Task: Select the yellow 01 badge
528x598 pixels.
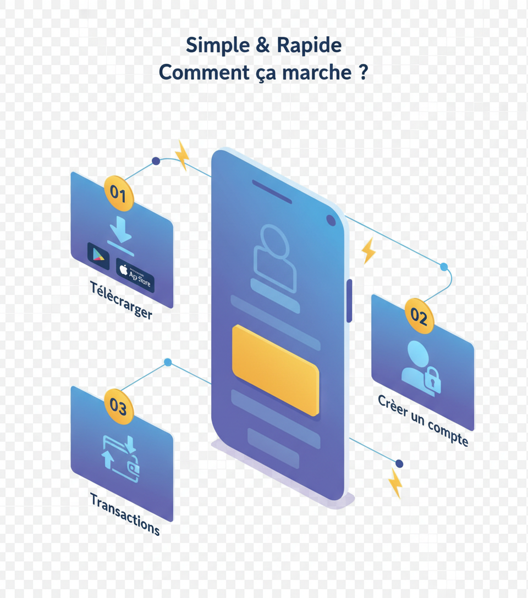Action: [x=119, y=193]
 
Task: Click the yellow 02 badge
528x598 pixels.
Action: [x=419, y=317]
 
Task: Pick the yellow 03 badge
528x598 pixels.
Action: [x=118, y=407]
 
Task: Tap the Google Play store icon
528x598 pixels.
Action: [x=98, y=256]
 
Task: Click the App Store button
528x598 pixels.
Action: [x=135, y=273]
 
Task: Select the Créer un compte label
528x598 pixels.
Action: [x=423, y=420]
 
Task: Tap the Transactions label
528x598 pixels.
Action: [x=125, y=514]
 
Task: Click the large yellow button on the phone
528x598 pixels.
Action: [x=275, y=369]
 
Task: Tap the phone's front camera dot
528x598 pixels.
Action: [x=331, y=220]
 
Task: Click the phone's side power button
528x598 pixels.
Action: [x=349, y=300]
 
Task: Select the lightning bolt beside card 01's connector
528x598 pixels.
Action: [x=182, y=154]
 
